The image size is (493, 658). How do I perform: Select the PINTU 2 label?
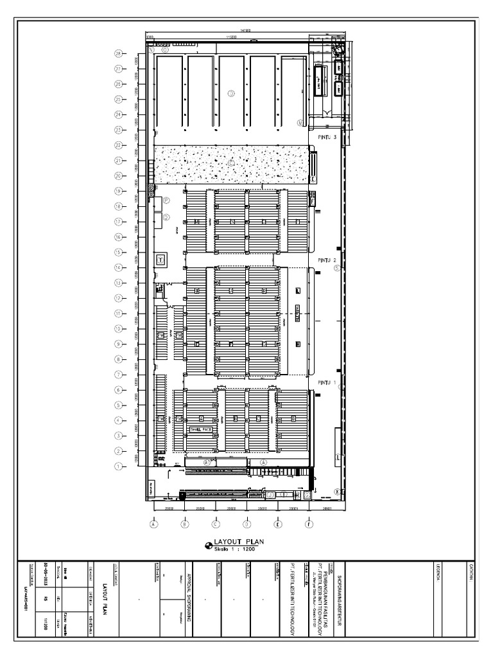tap(327, 260)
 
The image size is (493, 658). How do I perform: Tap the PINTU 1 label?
tap(327, 382)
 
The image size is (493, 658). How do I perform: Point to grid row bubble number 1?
tap(118, 466)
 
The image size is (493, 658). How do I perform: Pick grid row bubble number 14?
tap(118, 267)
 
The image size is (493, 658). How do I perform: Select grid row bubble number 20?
tap(118, 175)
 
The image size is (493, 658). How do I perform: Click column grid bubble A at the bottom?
tap(153, 524)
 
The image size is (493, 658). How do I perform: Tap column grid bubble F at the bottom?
tap(309, 524)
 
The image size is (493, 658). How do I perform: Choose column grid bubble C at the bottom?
tap(216, 524)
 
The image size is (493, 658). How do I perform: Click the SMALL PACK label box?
tap(200, 429)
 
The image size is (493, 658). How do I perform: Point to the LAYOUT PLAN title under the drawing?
tap(239, 542)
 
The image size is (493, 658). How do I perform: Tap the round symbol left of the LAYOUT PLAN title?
tap(208, 546)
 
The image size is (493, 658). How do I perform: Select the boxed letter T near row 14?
tap(160, 260)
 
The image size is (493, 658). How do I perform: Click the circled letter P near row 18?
tap(166, 200)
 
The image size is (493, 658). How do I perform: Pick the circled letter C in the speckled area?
tap(230, 163)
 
